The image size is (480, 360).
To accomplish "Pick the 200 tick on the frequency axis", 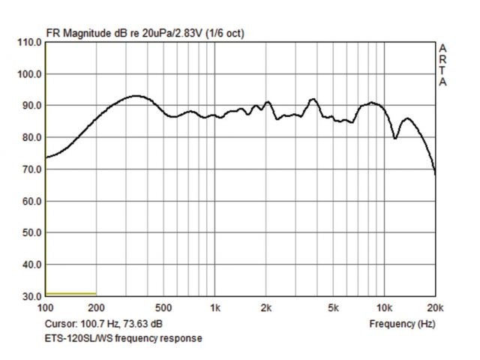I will pos(97,307).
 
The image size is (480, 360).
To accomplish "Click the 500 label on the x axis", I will pos(163,307).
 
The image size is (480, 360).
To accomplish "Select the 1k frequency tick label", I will pos(214,307).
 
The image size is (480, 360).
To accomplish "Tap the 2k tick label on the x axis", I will pos(265,307).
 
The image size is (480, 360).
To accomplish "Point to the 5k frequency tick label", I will pos(333,307).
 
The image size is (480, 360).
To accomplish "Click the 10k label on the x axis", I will pos(384,307).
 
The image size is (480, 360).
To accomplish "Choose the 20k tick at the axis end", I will pos(434,307).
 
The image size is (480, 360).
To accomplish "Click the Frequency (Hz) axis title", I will pos(402,324).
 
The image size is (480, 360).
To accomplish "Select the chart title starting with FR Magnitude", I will pos(145,33).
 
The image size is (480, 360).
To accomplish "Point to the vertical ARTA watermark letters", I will pos(442,64).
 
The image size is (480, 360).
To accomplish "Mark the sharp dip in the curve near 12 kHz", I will pos(395,138).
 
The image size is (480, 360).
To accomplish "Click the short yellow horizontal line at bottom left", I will pos(71,293).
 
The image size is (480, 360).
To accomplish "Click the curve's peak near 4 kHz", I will pos(313,99).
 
